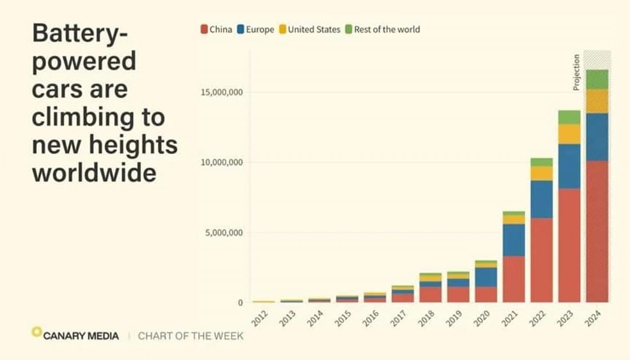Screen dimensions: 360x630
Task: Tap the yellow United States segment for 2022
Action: [x=541, y=173]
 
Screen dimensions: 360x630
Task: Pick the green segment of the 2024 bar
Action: [x=597, y=79]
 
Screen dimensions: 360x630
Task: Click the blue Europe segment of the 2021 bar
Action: [x=514, y=240]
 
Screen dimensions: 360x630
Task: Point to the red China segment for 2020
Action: [x=486, y=294]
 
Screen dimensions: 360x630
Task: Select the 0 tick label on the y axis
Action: [x=240, y=303]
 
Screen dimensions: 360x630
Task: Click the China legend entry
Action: [x=217, y=30]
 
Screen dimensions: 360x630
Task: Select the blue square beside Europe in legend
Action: [x=241, y=30]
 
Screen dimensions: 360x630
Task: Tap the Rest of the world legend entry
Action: [x=383, y=30]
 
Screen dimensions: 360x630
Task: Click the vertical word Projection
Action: [x=576, y=72]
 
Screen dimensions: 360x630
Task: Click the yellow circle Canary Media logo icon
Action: [x=37, y=332]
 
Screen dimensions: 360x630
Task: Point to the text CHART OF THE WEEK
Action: [x=190, y=336]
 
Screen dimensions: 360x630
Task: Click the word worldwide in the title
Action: [x=94, y=173]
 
